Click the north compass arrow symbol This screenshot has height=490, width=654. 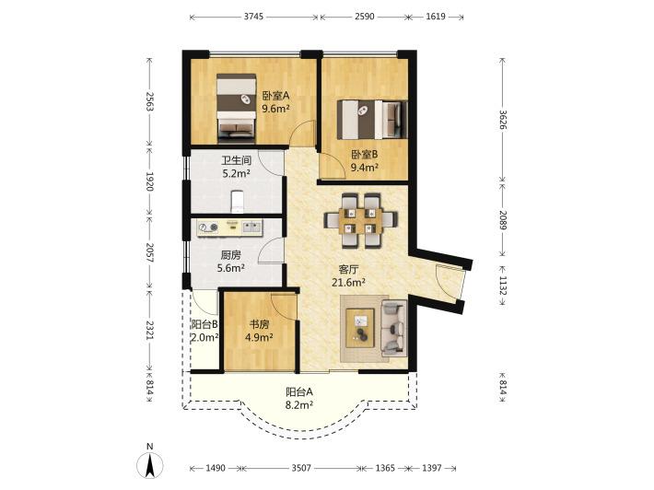[x=150, y=464]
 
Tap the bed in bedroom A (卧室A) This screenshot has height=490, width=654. [x=236, y=106]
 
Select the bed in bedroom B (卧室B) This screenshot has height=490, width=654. [x=372, y=119]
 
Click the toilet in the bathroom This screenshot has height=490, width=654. [x=238, y=201]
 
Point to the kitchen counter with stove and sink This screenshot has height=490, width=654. [x=229, y=227]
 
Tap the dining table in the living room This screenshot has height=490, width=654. [x=361, y=220]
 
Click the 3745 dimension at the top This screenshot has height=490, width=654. [x=253, y=17]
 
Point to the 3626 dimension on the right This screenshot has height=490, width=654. [x=503, y=120]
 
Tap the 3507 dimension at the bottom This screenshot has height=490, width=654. [x=301, y=468]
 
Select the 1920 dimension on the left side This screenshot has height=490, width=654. [x=150, y=181]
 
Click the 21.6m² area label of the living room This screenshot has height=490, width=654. [x=349, y=283]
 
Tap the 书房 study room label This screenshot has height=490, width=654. [x=259, y=324]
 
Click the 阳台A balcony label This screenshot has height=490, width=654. [x=299, y=392]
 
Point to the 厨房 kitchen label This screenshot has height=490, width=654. [x=230, y=255]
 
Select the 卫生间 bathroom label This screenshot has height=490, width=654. [x=236, y=160]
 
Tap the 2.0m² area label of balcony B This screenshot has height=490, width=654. [x=204, y=337]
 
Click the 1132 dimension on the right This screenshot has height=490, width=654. [x=503, y=286]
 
